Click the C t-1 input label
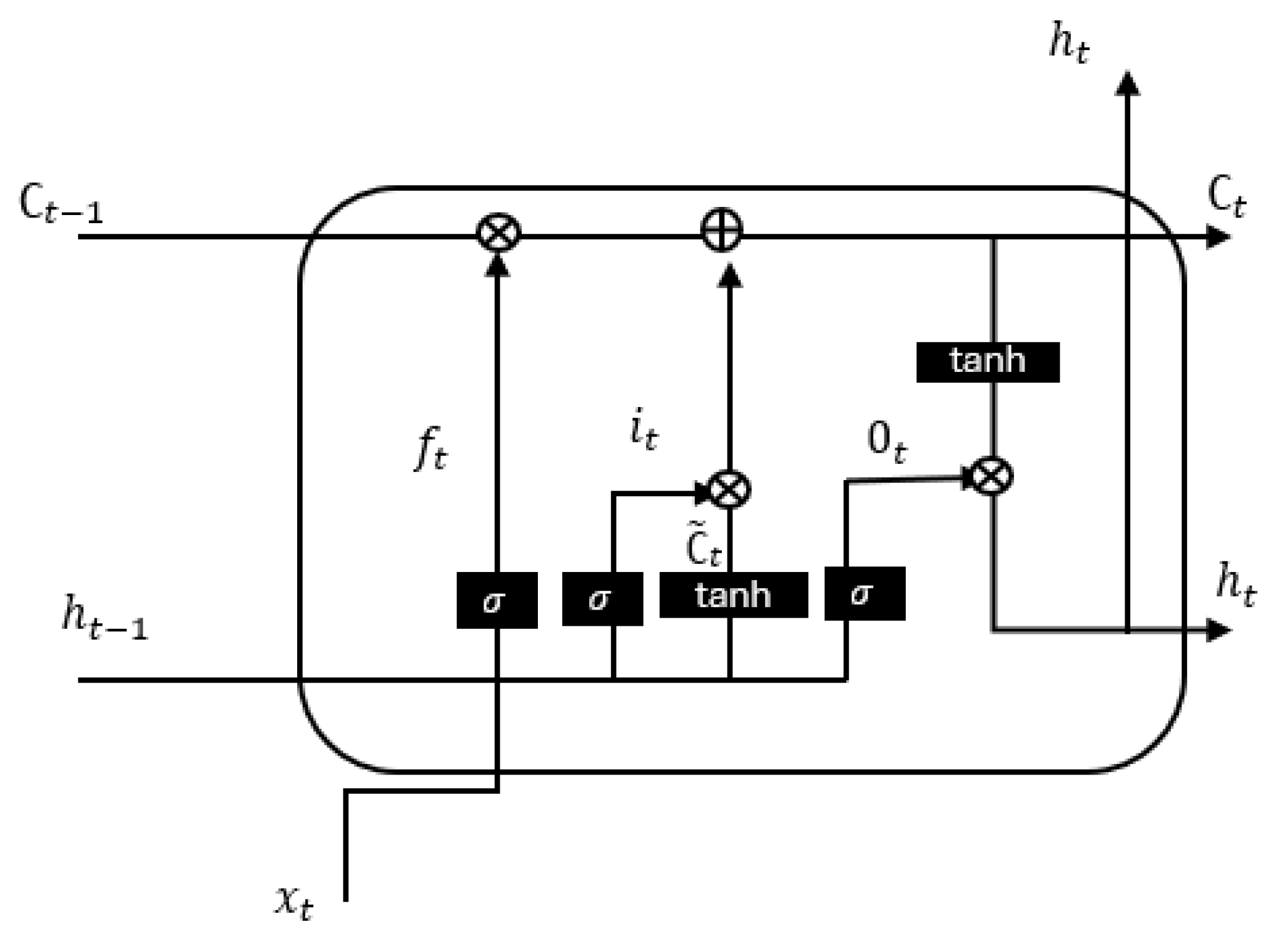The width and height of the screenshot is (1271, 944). pos(61,204)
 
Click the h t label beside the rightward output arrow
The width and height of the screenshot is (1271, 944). pos(1235,585)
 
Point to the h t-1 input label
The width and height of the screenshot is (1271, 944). pos(104,618)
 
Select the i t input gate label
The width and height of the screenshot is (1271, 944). pos(643,431)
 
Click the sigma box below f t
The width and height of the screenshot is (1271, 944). pos(497,600)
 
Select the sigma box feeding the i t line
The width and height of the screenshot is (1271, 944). pos(602,599)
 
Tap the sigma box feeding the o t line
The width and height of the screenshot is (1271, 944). pos(864,593)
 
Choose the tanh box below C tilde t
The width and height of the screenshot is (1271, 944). pos(733,595)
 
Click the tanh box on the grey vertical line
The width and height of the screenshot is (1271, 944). pos(987,362)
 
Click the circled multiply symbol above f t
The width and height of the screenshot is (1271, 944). pos(499,233)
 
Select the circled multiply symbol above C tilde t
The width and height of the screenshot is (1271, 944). pos(729,490)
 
